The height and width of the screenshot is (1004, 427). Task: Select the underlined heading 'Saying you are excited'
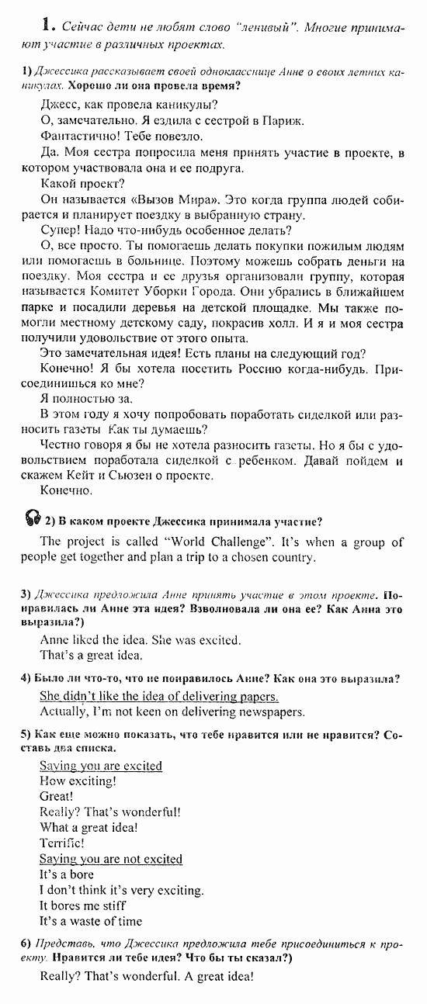[x=101, y=766]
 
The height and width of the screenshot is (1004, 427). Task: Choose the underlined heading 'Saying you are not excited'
[x=111, y=859]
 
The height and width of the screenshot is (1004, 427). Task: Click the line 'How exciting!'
[x=78, y=781]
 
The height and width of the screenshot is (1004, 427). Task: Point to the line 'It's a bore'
[x=67, y=874]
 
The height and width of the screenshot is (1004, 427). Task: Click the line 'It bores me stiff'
[x=82, y=905]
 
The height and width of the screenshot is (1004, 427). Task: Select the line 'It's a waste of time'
[x=91, y=921]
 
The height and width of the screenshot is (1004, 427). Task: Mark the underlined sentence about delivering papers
[x=158, y=696]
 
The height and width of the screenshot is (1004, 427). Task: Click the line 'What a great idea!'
[x=89, y=827]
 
